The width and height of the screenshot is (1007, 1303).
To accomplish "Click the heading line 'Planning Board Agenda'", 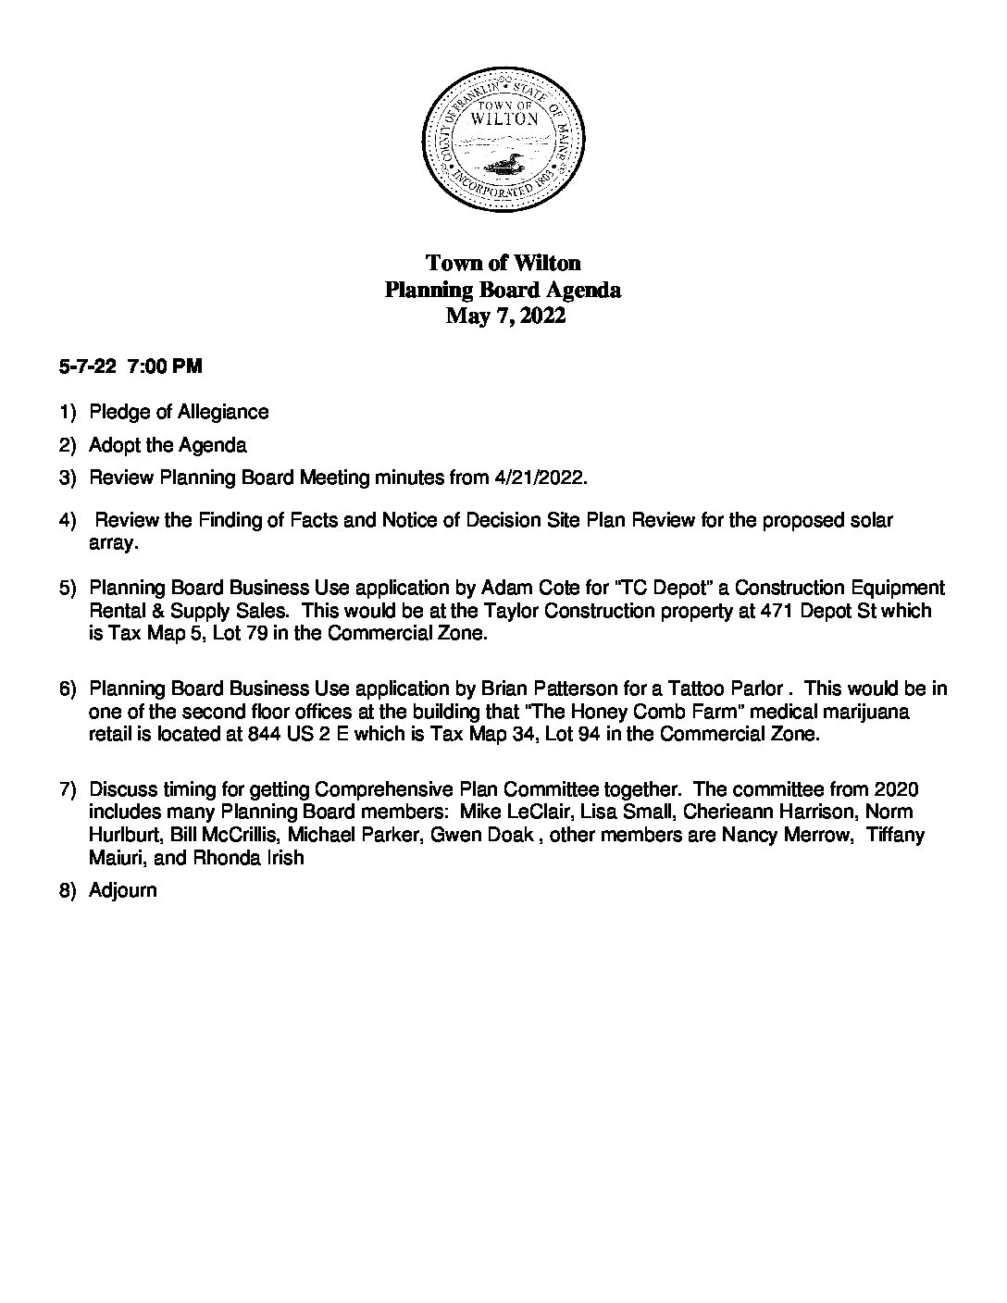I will (x=503, y=290).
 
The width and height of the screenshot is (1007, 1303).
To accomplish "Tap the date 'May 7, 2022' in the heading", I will (x=504, y=316).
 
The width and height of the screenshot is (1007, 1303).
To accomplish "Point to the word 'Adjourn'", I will (x=123, y=890).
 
